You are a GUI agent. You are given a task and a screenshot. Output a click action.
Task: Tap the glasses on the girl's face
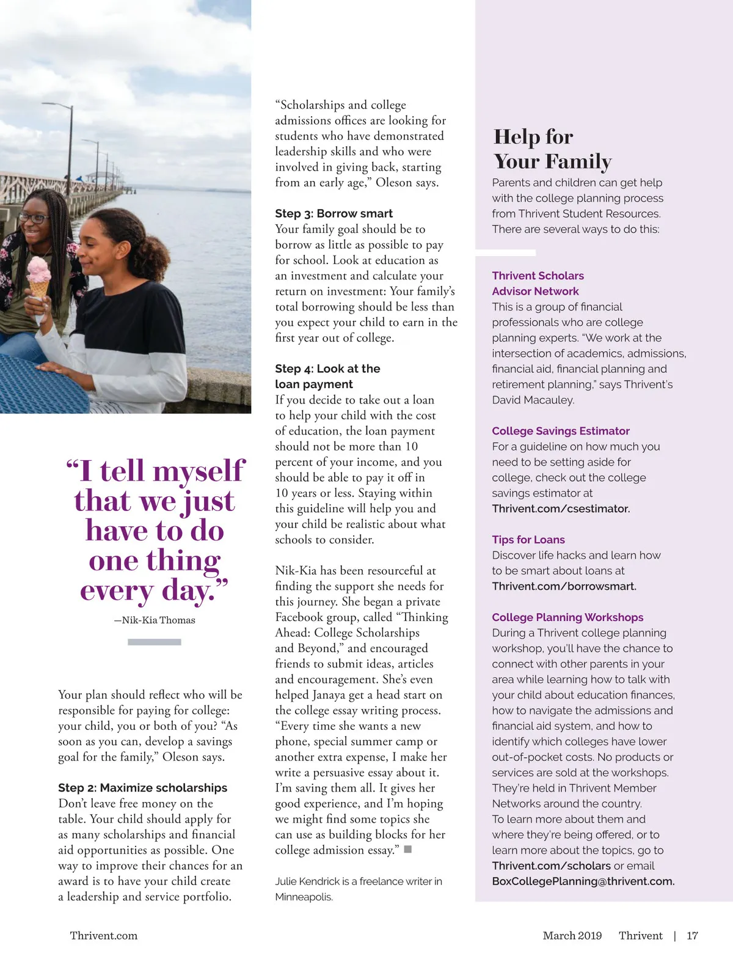point(34,218)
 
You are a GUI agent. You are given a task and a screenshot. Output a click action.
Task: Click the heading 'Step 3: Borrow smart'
point(334,213)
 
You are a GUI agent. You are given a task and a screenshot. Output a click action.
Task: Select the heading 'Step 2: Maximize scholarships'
point(142,788)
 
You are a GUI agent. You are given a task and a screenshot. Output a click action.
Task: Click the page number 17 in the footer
point(692,936)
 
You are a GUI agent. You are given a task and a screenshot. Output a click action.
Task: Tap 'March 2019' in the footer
point(572,936)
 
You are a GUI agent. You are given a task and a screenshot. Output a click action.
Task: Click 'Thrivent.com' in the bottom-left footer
point(103,936)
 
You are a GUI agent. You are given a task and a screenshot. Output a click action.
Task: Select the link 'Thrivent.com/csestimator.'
point(561,509)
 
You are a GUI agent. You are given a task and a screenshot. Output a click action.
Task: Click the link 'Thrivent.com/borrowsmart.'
point(564,586)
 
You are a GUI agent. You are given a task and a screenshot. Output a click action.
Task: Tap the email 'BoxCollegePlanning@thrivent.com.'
point(583,881)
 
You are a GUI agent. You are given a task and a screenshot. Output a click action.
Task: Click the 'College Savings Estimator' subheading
point(560,431)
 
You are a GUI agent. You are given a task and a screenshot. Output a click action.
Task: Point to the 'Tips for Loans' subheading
point(528,540)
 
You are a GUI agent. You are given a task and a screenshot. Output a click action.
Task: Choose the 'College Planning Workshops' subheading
point(567,617)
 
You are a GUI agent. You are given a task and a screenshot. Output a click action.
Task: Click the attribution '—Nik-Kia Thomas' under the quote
point(155,620)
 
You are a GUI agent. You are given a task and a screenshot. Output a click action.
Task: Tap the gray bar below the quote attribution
point(155,642)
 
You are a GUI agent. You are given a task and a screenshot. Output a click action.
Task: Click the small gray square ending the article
point(408,849)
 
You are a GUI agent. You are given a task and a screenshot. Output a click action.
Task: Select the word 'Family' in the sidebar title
point(578,161)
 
